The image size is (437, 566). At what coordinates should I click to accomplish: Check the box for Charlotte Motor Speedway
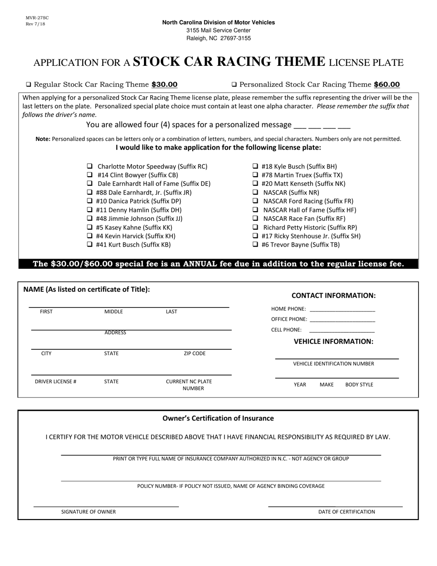tap(90, 167)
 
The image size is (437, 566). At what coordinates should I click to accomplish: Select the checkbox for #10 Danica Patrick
tap(90, 201)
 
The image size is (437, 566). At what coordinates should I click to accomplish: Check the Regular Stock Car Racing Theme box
tap(29, 85)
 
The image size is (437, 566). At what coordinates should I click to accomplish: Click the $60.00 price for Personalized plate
tap(387, 85)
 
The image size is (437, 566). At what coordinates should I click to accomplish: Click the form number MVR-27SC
tap(37, 18)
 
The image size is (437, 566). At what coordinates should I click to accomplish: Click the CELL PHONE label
tap(287, 330)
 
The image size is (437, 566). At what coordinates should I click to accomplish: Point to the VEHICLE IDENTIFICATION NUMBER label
tap(333, 364)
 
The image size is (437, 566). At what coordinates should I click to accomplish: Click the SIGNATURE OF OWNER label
tap(89, 512)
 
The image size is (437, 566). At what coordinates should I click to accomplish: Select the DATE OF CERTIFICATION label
tap(346, 512)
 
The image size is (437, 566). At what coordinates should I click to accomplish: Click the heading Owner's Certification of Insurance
tap(218, 418)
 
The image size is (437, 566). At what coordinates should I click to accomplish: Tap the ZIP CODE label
tap(195, 354)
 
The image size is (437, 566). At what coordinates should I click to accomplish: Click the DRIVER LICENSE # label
tap(56, 381)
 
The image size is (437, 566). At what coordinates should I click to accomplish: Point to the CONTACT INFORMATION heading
tap(333, 295)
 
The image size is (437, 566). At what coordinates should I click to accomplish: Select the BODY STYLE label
tap(359, 385)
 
